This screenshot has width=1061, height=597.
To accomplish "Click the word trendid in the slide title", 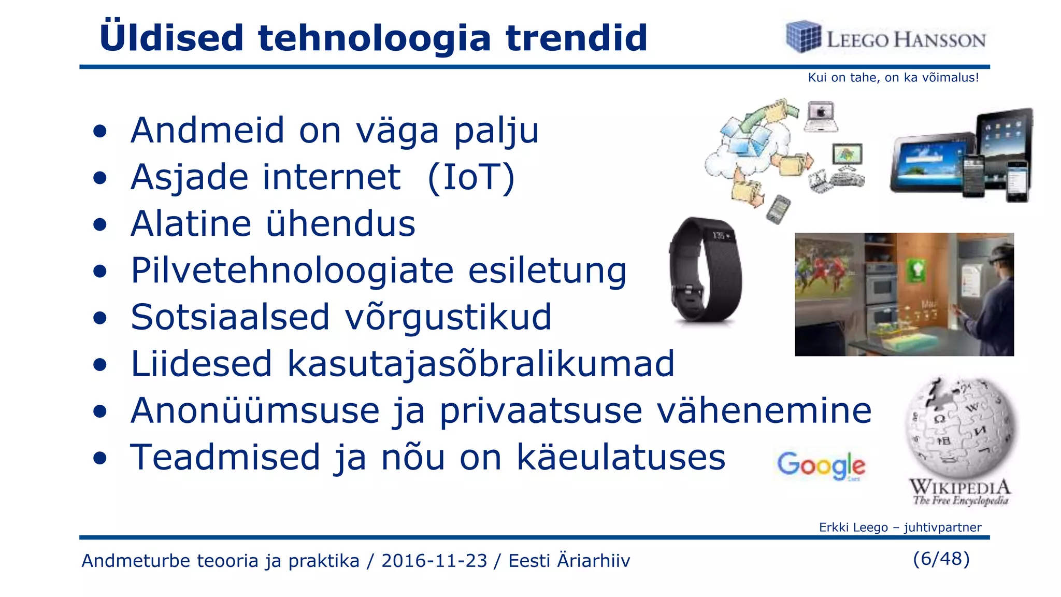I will point(576,38).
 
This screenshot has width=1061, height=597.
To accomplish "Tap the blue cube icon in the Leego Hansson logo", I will point(803,37).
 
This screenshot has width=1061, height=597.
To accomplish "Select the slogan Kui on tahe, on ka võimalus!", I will point(893,78).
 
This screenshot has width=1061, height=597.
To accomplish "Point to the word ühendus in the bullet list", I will point(340,224).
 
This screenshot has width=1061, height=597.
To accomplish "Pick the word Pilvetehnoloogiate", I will point(292,271).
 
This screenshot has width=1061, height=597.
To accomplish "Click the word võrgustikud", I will point(448,317).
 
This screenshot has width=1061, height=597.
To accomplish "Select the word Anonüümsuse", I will point(255,411).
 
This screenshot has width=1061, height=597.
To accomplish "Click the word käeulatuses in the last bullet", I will point(621,458).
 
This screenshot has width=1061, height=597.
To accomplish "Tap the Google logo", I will point(821,465).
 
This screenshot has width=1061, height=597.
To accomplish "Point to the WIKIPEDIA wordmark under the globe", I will point(960,487).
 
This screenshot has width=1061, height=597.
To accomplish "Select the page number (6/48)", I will point(941,559).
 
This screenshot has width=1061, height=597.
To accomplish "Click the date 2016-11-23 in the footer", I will point(434,561).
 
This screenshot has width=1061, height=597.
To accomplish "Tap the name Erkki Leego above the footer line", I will point(853,528).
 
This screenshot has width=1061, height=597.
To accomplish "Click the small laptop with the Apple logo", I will point(821,117).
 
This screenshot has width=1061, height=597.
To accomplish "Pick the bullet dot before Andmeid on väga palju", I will point(100,132).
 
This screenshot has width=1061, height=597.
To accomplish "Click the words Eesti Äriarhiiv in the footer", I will point(569,561).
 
